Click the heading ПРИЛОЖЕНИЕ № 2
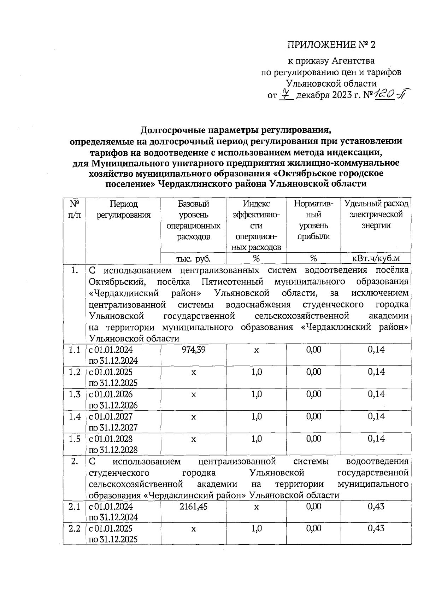point(331,45)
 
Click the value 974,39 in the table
point(193,350)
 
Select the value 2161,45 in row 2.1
point(193,507)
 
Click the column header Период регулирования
point(123,209)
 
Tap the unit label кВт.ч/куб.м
point(376,258)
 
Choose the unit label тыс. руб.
point(193,259)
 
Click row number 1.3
point(75,394)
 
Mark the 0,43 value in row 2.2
point(376,528)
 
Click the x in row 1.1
point(256,350)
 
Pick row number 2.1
point(75,507)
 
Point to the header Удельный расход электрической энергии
point(376,215)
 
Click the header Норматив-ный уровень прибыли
point(313,220)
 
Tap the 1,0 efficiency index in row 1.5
point(256,439)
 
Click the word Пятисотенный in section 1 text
point(232,282)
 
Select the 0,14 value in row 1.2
point(376,372)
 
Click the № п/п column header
point(75,209)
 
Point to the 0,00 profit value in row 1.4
point(313,416)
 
